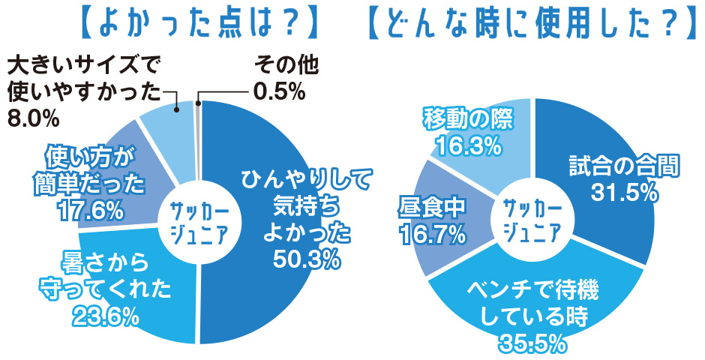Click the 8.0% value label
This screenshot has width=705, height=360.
point(32,118)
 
